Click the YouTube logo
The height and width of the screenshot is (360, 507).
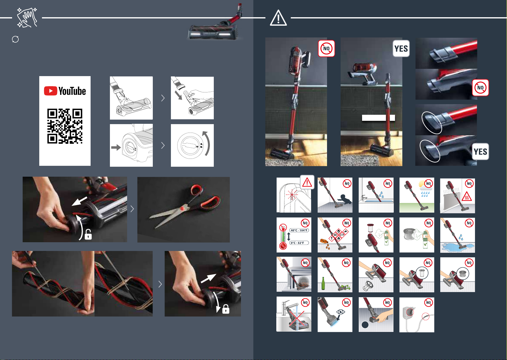[x=65, y=91]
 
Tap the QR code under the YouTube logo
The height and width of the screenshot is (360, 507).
[x=65, y=126]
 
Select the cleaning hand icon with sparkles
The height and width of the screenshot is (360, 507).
[x=27, y=18]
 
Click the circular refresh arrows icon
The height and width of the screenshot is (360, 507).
[x=15, y=39]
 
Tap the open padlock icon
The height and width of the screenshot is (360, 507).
[x=88, y=234]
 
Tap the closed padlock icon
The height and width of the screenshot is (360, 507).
[x=226, y=309]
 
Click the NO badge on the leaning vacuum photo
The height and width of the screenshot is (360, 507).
[x=326, y=48]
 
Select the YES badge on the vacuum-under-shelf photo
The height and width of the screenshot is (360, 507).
[x=401, y=48]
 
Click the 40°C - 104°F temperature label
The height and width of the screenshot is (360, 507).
[x=299, y=230]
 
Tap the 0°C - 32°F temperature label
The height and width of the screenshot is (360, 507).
[x=299, y=243]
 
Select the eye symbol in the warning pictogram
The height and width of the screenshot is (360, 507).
[x=341, y=312]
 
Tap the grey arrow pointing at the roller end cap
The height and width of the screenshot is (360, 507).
[x=116, y=148]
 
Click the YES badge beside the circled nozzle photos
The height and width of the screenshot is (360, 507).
[x=480, y=152]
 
